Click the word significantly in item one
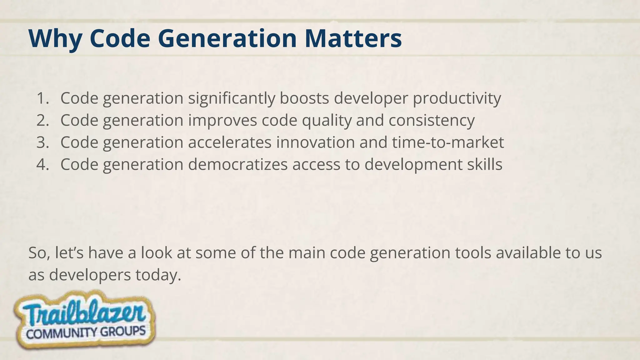click(x=232, y=98)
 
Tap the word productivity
click(x=457, y=98)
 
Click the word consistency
click(x=432, y=120)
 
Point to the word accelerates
click(x=230, y=142)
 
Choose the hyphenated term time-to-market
click(x=448, y=142)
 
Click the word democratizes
click(x=237, y=164)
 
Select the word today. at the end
click(x=158, y=275)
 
